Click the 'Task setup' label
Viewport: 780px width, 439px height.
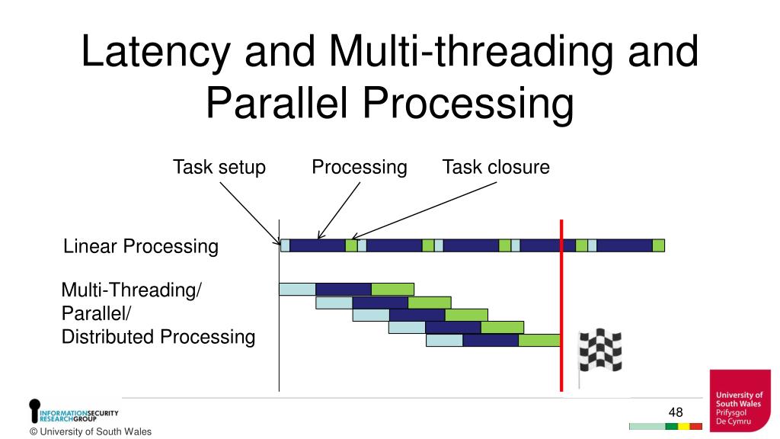pyautogui.click(x=219, y=167)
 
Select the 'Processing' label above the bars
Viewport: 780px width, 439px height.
pyautogui.click(x=359, y=167)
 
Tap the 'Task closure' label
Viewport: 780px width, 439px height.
pyautogui.click(x=496, y=167)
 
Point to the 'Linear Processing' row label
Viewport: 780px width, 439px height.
pyautogui.click(x=140, y=246)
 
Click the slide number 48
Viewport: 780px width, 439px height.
pyautogui.click(x=676, y=412)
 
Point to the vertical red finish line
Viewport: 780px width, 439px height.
pyautogui.click(x=561, y=305)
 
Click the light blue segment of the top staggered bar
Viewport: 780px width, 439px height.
pyautogui.click(x=297, y=289)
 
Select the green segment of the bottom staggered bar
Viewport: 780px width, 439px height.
pyautogui.click(x=539, y=340)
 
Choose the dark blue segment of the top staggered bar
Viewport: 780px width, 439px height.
pyautogui.click(x=343, y=289)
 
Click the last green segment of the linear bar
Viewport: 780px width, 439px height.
pyautogui.click(x=659, y=245)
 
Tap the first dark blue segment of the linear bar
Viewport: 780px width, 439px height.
pyautogui.click(x=318, y=245)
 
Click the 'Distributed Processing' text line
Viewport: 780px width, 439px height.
pyautogui.click(x=158, y=337)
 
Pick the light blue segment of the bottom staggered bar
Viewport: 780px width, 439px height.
pyautogui.click(x=444, y=340)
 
